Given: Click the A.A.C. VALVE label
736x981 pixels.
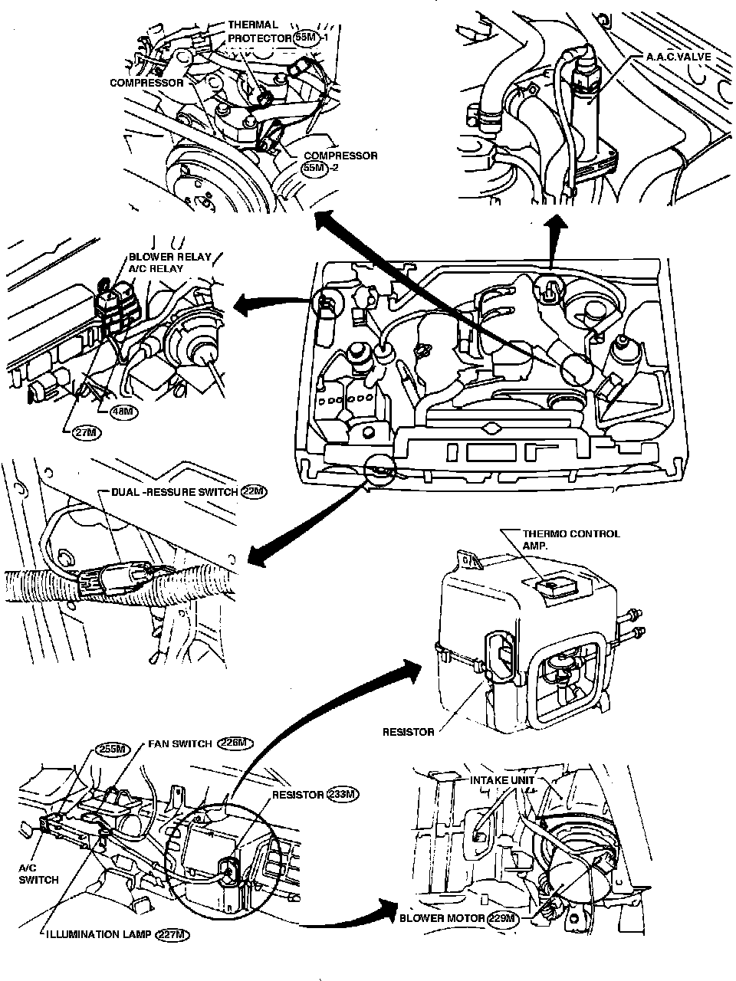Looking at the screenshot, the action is click(678, 57).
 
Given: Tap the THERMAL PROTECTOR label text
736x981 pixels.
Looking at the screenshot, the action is click(259, 31).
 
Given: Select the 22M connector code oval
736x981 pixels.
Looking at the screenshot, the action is click(253, 491).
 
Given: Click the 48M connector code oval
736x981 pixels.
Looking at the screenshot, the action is click(123, 411).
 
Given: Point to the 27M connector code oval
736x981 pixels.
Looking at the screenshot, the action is click(87, 432).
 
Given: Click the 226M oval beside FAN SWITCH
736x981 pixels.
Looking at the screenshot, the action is click(235, 743).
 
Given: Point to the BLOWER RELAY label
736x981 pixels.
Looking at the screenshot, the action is click(169, 257).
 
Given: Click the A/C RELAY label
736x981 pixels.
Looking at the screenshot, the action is click(156, 268).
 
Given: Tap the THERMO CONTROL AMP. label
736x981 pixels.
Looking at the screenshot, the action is click(571, 539).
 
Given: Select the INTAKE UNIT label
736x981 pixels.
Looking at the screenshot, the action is click(502, 780).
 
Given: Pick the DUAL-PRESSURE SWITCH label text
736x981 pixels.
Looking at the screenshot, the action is click(174, 492).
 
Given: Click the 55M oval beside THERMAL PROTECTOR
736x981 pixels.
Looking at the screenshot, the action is click(306, 38).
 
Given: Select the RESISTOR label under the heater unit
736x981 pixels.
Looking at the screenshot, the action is click(409, 732).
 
